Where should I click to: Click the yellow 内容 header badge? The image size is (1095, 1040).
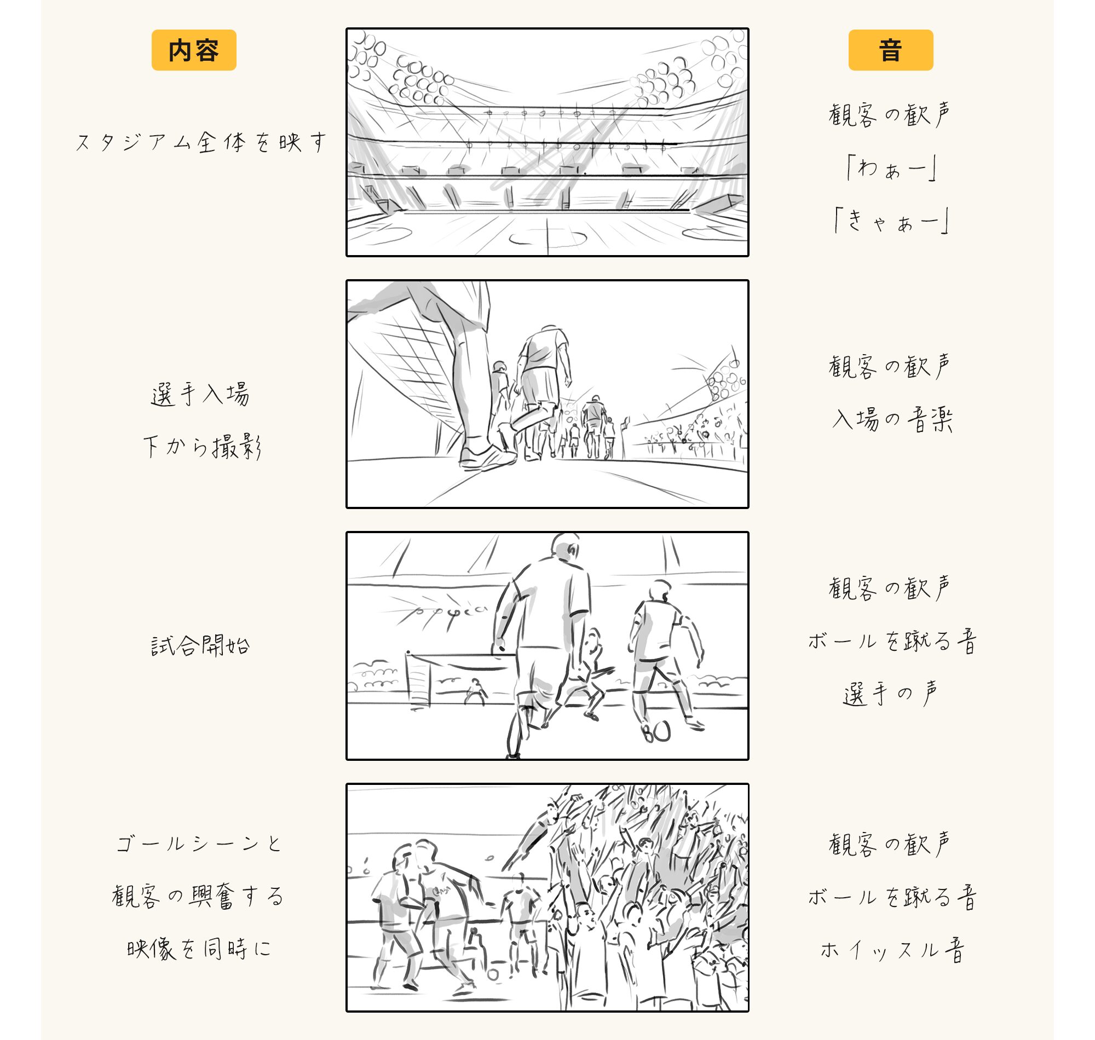pyautogui.click(x=193, y=50)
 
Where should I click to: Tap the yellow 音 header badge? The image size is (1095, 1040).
pyautogui.click(x=890, y=50)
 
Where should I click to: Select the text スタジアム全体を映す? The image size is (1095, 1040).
pyautogui.click(x=201, y=142)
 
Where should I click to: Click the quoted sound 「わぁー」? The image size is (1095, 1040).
pyautogui.click(x=891, y=168)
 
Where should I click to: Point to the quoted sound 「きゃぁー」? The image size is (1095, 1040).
pyautogui.click(x=891, y=221)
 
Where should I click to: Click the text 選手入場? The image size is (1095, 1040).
pyautogui.click(x=200, y=395)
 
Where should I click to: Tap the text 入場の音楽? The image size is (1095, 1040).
pyautogui.click(x=891, y=419)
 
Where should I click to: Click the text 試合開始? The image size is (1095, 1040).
pyautogui.click(x=200, y=645)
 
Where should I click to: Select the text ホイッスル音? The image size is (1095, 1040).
pyautogui.click(x=891, y=950)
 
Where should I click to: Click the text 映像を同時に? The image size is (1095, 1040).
pyautogui.click(x=199, y=949)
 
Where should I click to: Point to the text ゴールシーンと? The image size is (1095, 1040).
pyautogui.click(x=199, y=843)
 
